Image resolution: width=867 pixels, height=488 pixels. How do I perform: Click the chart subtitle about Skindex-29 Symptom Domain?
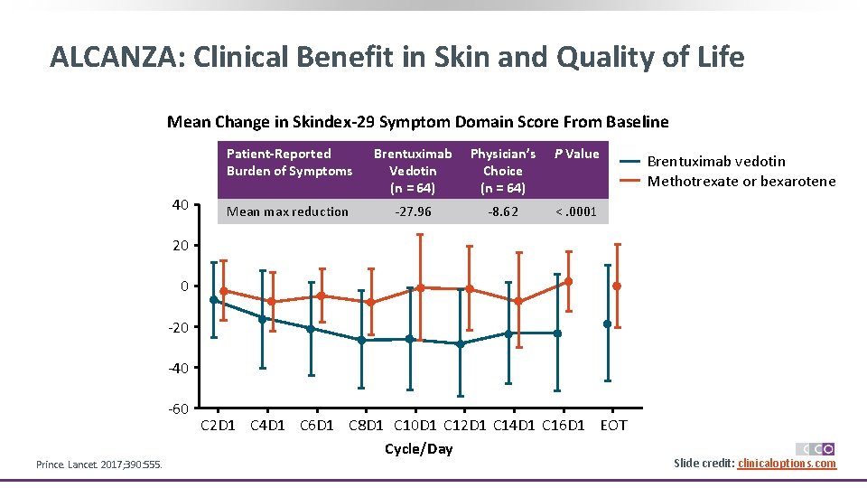[417, 121]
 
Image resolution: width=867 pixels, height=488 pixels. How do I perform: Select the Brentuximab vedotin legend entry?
[716, 161]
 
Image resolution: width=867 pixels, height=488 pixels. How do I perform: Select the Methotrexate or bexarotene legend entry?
[741, 181]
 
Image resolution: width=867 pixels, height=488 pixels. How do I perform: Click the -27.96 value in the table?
[413, 211]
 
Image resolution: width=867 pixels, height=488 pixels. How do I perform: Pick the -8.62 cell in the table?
[502, 211]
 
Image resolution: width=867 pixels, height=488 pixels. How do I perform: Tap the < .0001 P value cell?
[576, 211]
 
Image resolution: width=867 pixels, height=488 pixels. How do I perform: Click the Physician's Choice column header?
[502, 170]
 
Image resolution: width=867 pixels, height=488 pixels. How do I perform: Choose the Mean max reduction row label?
[287, 211]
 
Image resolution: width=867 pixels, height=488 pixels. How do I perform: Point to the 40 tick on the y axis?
[179, 205]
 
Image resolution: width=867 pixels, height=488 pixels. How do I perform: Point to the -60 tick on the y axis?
[177, 408]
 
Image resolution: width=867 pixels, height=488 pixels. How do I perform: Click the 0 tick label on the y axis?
[183, 286]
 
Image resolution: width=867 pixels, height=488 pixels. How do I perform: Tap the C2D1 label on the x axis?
[218, 425]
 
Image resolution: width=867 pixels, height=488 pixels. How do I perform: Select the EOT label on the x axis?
[613, 425]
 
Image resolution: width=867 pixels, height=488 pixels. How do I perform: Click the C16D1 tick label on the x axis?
[563, 425]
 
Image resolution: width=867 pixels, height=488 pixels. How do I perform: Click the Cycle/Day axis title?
[418, 448]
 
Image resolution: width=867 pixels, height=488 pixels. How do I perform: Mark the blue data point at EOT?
[608, 324]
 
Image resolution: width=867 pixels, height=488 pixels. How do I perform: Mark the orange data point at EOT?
[617, 286]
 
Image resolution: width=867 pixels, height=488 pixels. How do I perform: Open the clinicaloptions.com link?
[787, 464]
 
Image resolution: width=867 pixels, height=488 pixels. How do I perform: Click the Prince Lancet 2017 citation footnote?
[99, 465]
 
